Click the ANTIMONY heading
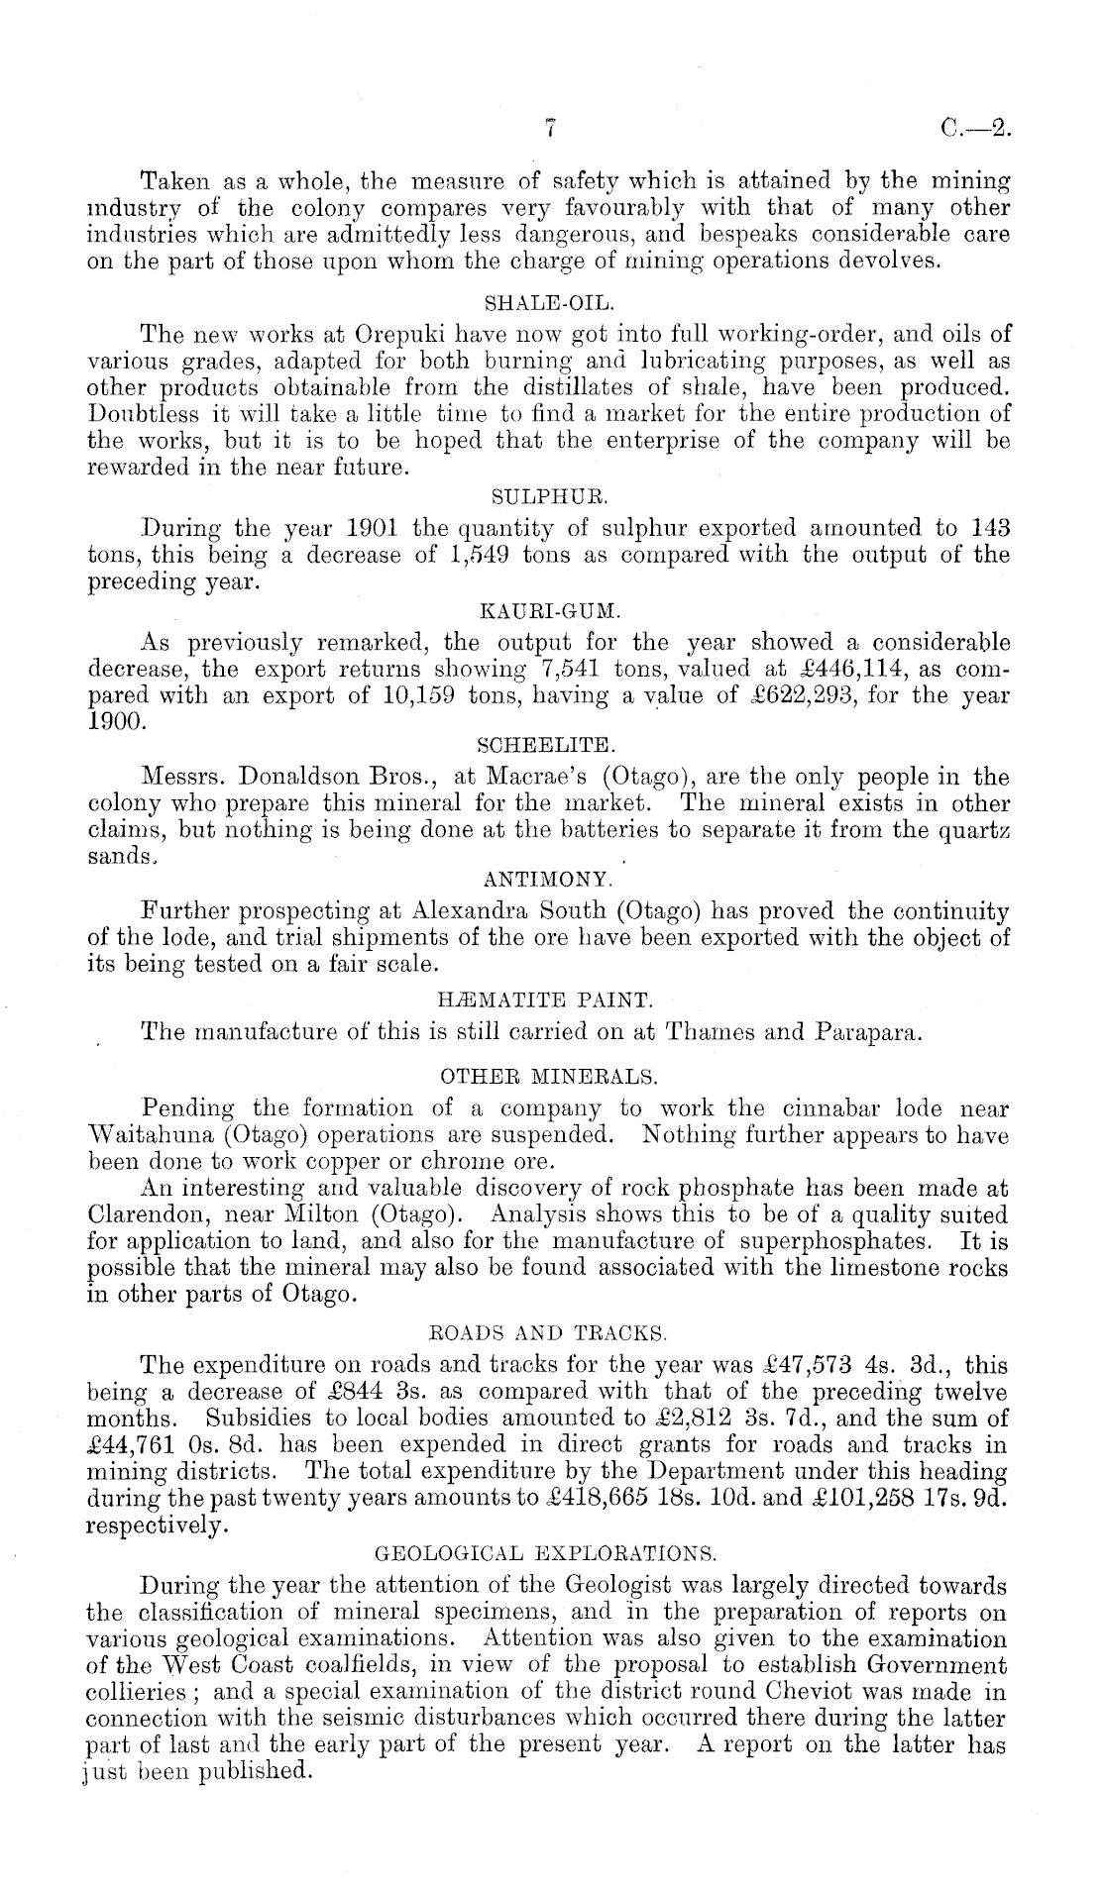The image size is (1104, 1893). click(x=550, y=879)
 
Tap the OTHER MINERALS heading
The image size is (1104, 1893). click(x=551, y=1074)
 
